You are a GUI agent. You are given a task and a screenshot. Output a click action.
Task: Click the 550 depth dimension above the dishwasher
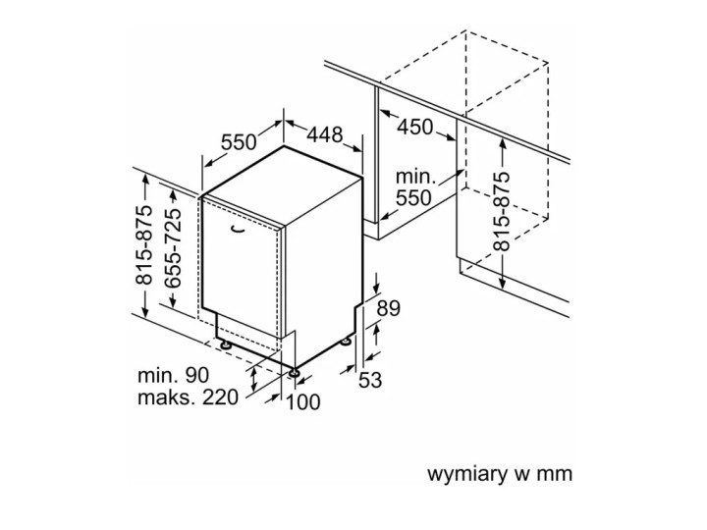[x=238, y=141]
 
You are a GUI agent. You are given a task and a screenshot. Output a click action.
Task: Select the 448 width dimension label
[x=324, y=133]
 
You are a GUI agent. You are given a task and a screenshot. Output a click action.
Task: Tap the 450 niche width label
[x=416, y=127]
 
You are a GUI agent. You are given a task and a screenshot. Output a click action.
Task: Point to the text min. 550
[x=415, y=187]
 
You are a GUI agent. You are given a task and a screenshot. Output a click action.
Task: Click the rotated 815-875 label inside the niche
[x=503, y=210]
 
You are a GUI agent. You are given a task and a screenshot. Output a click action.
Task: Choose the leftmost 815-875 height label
[x=143, y=246]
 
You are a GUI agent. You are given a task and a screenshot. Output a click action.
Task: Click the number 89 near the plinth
[x=389, y=308]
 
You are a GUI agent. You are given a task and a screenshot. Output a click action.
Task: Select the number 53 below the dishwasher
[x=371, y=380]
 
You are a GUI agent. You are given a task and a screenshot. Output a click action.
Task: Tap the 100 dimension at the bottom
[x=304, y=400]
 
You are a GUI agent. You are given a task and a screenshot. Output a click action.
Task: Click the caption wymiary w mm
[x=499, y=475]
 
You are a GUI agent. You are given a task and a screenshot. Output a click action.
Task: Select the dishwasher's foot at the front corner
[x=294, y=372]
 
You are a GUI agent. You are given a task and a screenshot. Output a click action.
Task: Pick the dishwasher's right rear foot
[x=346, y=342]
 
